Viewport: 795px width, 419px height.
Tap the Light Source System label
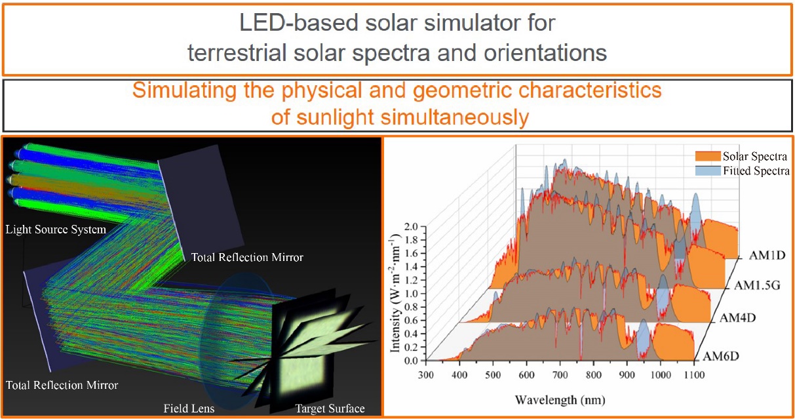point(55,229)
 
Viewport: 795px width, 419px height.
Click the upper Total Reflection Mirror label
point(247,258)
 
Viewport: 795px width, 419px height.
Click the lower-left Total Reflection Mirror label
point(62,385)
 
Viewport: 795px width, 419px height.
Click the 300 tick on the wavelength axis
point(425,375)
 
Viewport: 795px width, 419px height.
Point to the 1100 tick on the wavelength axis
point(693,375)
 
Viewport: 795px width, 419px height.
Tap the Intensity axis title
point(395,289)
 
